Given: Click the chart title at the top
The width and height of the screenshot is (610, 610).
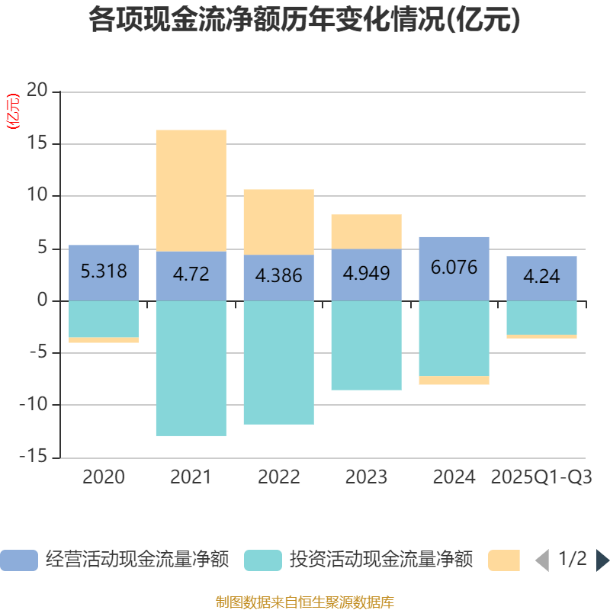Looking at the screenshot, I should [304, 21].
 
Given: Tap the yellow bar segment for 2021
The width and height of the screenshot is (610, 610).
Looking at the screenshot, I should [191, 190].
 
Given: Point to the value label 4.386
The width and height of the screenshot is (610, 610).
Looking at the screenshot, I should [278, 275].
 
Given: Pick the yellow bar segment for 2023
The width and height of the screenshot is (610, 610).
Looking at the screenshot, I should [366, 231].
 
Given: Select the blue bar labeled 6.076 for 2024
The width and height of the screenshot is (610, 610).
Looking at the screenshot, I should [454, 268].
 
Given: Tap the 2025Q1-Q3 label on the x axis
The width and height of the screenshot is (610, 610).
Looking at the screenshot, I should [541, 477].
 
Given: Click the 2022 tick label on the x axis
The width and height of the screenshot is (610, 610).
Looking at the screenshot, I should [278, 477].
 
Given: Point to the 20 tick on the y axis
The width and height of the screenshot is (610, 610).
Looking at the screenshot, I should [37, 91].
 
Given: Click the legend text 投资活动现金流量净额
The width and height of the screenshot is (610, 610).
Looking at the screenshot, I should [380, 560].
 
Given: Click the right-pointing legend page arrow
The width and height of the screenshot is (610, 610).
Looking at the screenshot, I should [602, 560].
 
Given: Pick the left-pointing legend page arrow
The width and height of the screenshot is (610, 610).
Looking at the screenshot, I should [542, 560].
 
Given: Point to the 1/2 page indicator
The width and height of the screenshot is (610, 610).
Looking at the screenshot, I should [572, 560].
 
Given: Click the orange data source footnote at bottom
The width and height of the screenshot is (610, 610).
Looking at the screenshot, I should [304, 602].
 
